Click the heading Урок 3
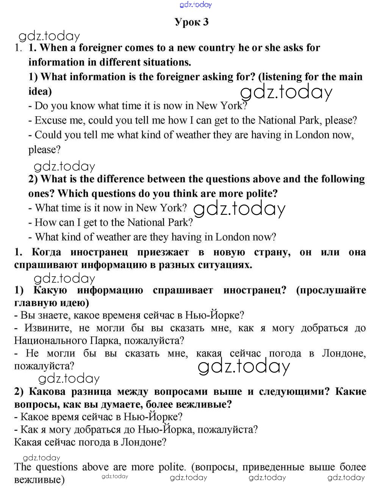[192, 22]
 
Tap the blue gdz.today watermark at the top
[195, 5]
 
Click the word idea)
[40, 91]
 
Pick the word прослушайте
[331, 290]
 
